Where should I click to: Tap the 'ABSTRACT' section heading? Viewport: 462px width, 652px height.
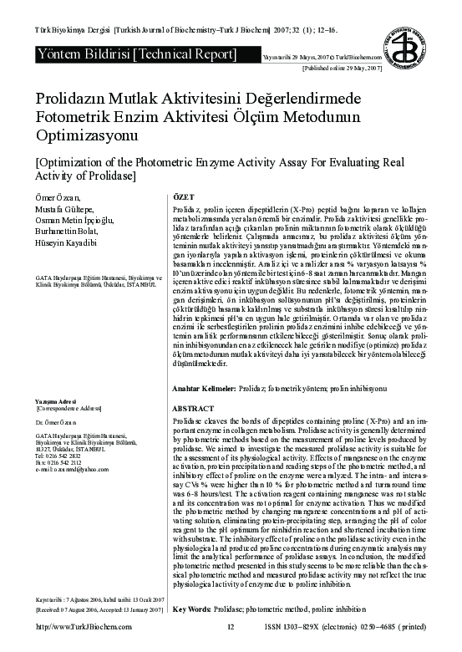click(x=192, y=408)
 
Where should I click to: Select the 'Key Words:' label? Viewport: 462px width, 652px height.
click(x=190, y=633)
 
